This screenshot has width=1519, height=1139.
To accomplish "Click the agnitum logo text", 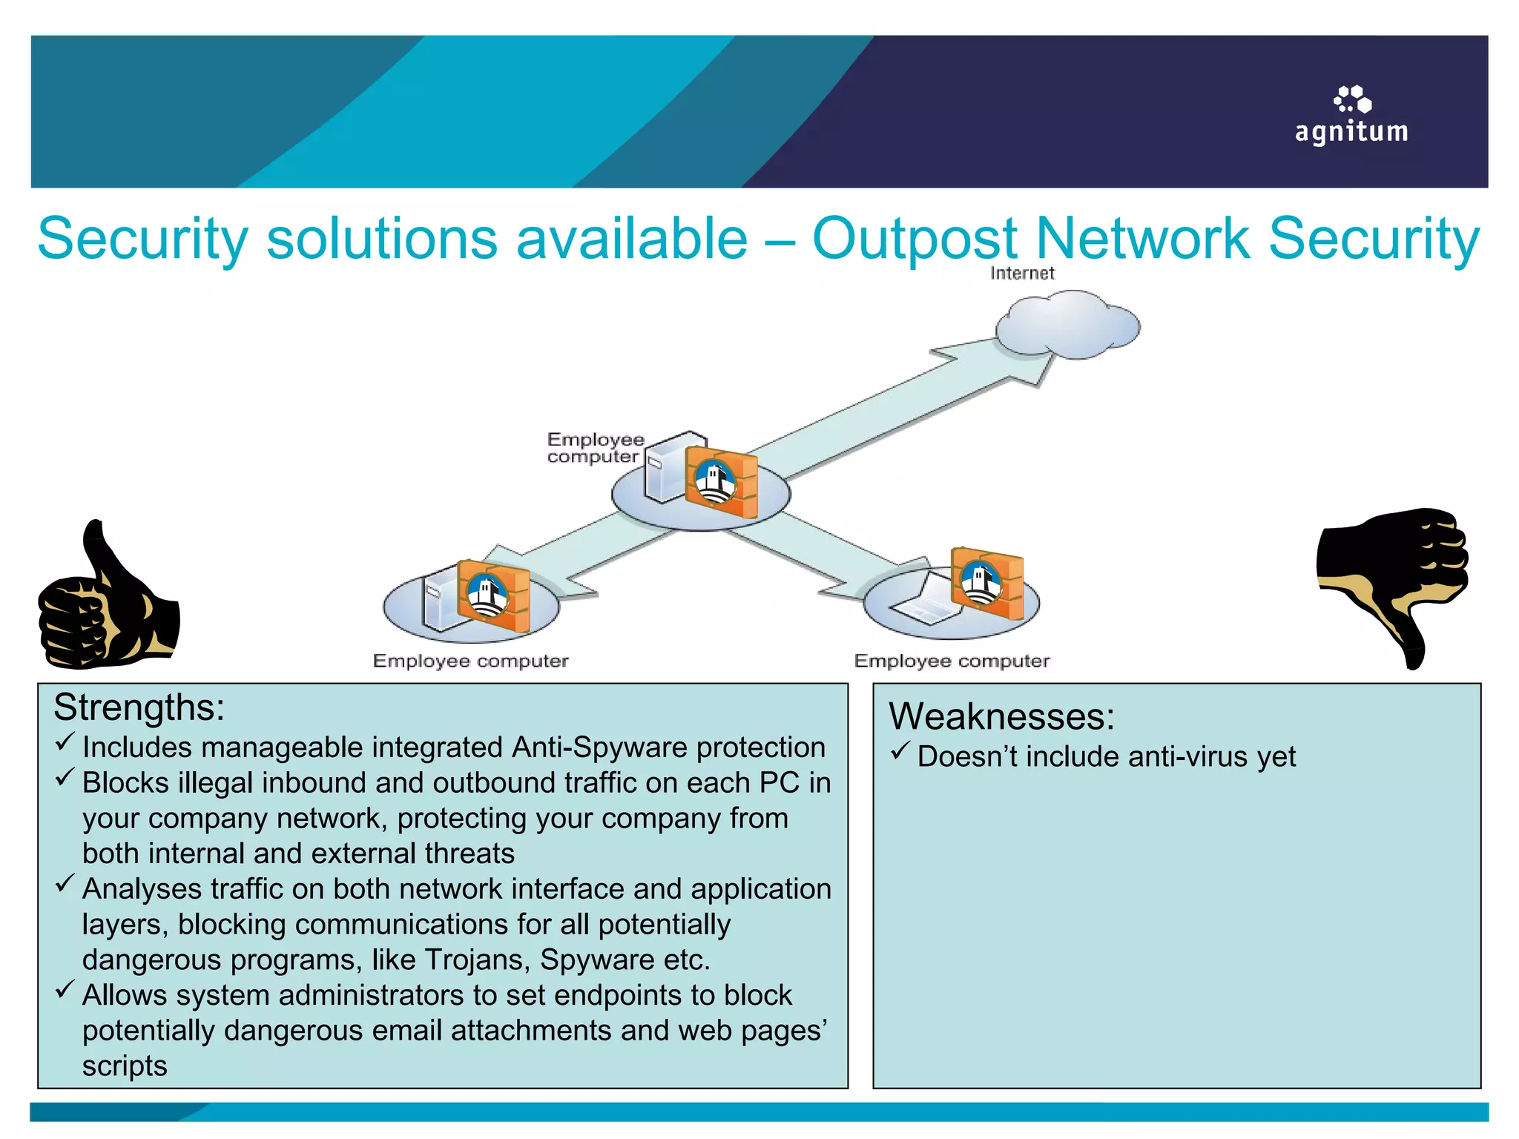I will pos(1351,132).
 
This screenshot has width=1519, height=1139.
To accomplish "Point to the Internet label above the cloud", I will pos(1022,273).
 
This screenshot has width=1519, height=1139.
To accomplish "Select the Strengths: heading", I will pos(139,707).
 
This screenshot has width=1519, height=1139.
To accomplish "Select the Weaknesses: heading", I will pos(1001,716).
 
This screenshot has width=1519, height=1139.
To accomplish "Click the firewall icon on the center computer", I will pos(720,481).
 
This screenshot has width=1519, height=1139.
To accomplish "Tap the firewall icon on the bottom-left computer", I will pos(492,595).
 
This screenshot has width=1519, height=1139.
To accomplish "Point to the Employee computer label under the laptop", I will pos(952,661).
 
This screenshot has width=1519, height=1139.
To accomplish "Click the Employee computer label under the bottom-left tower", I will pos(470,661).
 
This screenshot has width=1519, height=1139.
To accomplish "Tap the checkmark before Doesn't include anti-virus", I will pos(900,752).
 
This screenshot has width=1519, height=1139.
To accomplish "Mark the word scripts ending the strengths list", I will pos(125,1066).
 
